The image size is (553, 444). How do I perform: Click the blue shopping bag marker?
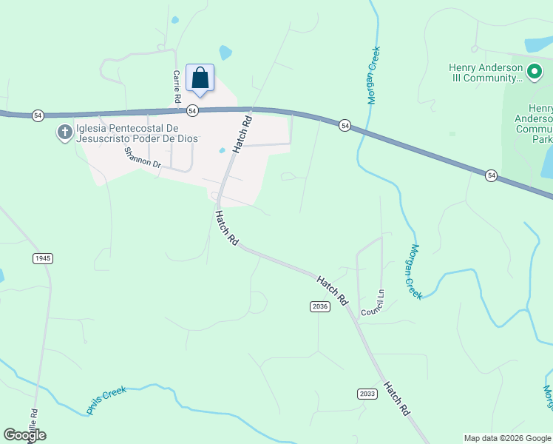(x=200, y=78)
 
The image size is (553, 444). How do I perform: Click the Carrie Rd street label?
(x=177, y=87)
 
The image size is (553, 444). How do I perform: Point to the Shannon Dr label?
(x=143, y=158)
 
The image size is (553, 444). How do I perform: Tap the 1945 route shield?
(x=43, y=258)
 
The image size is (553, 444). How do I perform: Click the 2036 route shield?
(x=319, y=306)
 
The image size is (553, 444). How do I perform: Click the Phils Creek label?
(x=106, y=400)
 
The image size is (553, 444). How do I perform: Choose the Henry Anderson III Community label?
(x=486, y=73)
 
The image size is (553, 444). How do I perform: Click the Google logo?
(x=25, y=435)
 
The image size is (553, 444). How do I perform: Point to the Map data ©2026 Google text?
(x=507, y=438)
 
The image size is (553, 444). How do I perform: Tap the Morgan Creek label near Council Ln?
(x=415, y=272)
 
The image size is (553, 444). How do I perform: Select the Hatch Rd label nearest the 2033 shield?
(x=396, y=398)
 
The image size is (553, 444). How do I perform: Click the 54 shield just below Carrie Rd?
(x=192, y=110)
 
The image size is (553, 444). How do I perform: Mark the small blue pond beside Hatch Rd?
(x=223, y=151)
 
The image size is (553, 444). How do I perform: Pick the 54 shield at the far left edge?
(x=37, y=115)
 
